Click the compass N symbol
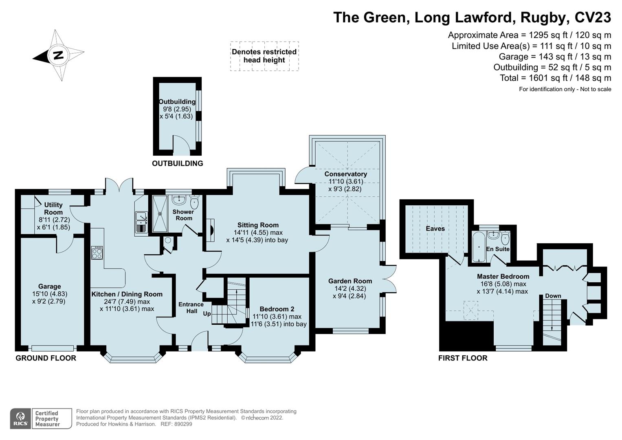[x=58, y=55]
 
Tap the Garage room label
[x=49, y=286]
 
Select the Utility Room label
[x=53, y=208]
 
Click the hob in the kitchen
[x=97, y=253]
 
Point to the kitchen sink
[x=141, y=222]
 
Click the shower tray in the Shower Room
[x=159, y=213]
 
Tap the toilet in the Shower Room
[x=194, y=202]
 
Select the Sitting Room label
[x=258, y=225]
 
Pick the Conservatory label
[x=345, y=174]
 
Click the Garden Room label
[x=350, y=281]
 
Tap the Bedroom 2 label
[x=277, y=309]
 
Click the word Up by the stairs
[x=207, y=314]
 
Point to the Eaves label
[x=435, y=229]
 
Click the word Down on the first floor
[x=553, y=296]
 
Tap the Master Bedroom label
[x=503, y=276]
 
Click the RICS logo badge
[x=20, y=418]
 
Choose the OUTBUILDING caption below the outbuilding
[x=177, y=163]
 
